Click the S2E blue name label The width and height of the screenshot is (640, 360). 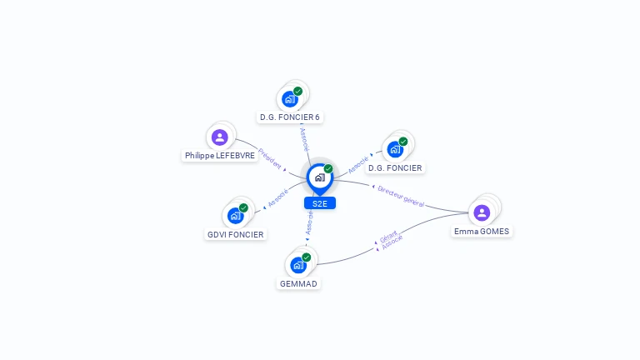320,203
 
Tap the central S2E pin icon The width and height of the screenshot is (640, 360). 320,178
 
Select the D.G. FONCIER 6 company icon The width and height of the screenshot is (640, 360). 290,99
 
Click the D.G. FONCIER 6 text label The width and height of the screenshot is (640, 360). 290,117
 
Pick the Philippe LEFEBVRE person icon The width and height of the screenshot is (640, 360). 220,137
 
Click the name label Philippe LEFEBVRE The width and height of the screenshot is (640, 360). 220,156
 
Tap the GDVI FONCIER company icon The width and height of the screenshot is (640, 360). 236,216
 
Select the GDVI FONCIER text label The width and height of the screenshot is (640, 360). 236,235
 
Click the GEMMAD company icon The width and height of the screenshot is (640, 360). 298,265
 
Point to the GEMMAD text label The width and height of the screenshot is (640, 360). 298,283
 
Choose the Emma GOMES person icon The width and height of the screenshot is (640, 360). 482,213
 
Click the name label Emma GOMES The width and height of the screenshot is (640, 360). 482,232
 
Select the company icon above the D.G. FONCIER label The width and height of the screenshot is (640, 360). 395,149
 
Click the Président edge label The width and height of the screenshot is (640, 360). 270,159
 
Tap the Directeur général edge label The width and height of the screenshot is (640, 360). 401,197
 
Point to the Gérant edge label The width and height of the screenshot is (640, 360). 388,237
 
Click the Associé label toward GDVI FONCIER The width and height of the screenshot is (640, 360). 278,198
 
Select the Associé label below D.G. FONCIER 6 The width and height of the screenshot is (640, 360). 304,139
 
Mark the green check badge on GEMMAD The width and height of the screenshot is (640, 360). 307,257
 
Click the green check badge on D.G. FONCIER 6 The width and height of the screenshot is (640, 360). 298,92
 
